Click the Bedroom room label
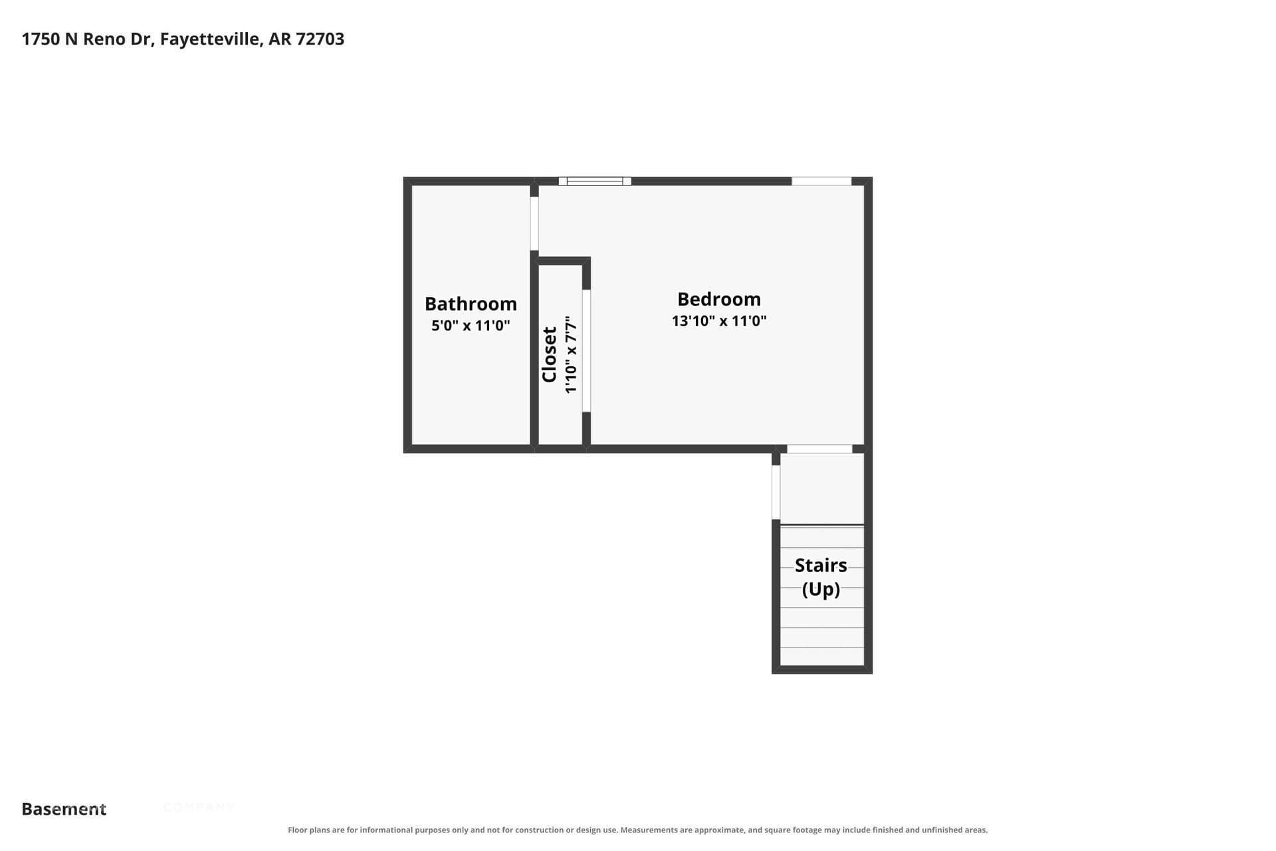719,299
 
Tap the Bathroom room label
471,304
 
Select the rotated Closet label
550,354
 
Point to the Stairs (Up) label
821,576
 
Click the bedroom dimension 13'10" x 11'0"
719,321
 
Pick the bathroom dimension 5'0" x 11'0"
471,325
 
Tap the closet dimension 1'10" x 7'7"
571,354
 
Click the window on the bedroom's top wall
595,181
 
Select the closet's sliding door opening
586,351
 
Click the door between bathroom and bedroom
534,223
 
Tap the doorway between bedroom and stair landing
819,449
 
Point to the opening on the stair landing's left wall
776,492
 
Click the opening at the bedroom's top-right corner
821,181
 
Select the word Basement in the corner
64,809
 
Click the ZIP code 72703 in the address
320,39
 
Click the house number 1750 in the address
41,39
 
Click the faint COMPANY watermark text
199,808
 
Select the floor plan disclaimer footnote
638,830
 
